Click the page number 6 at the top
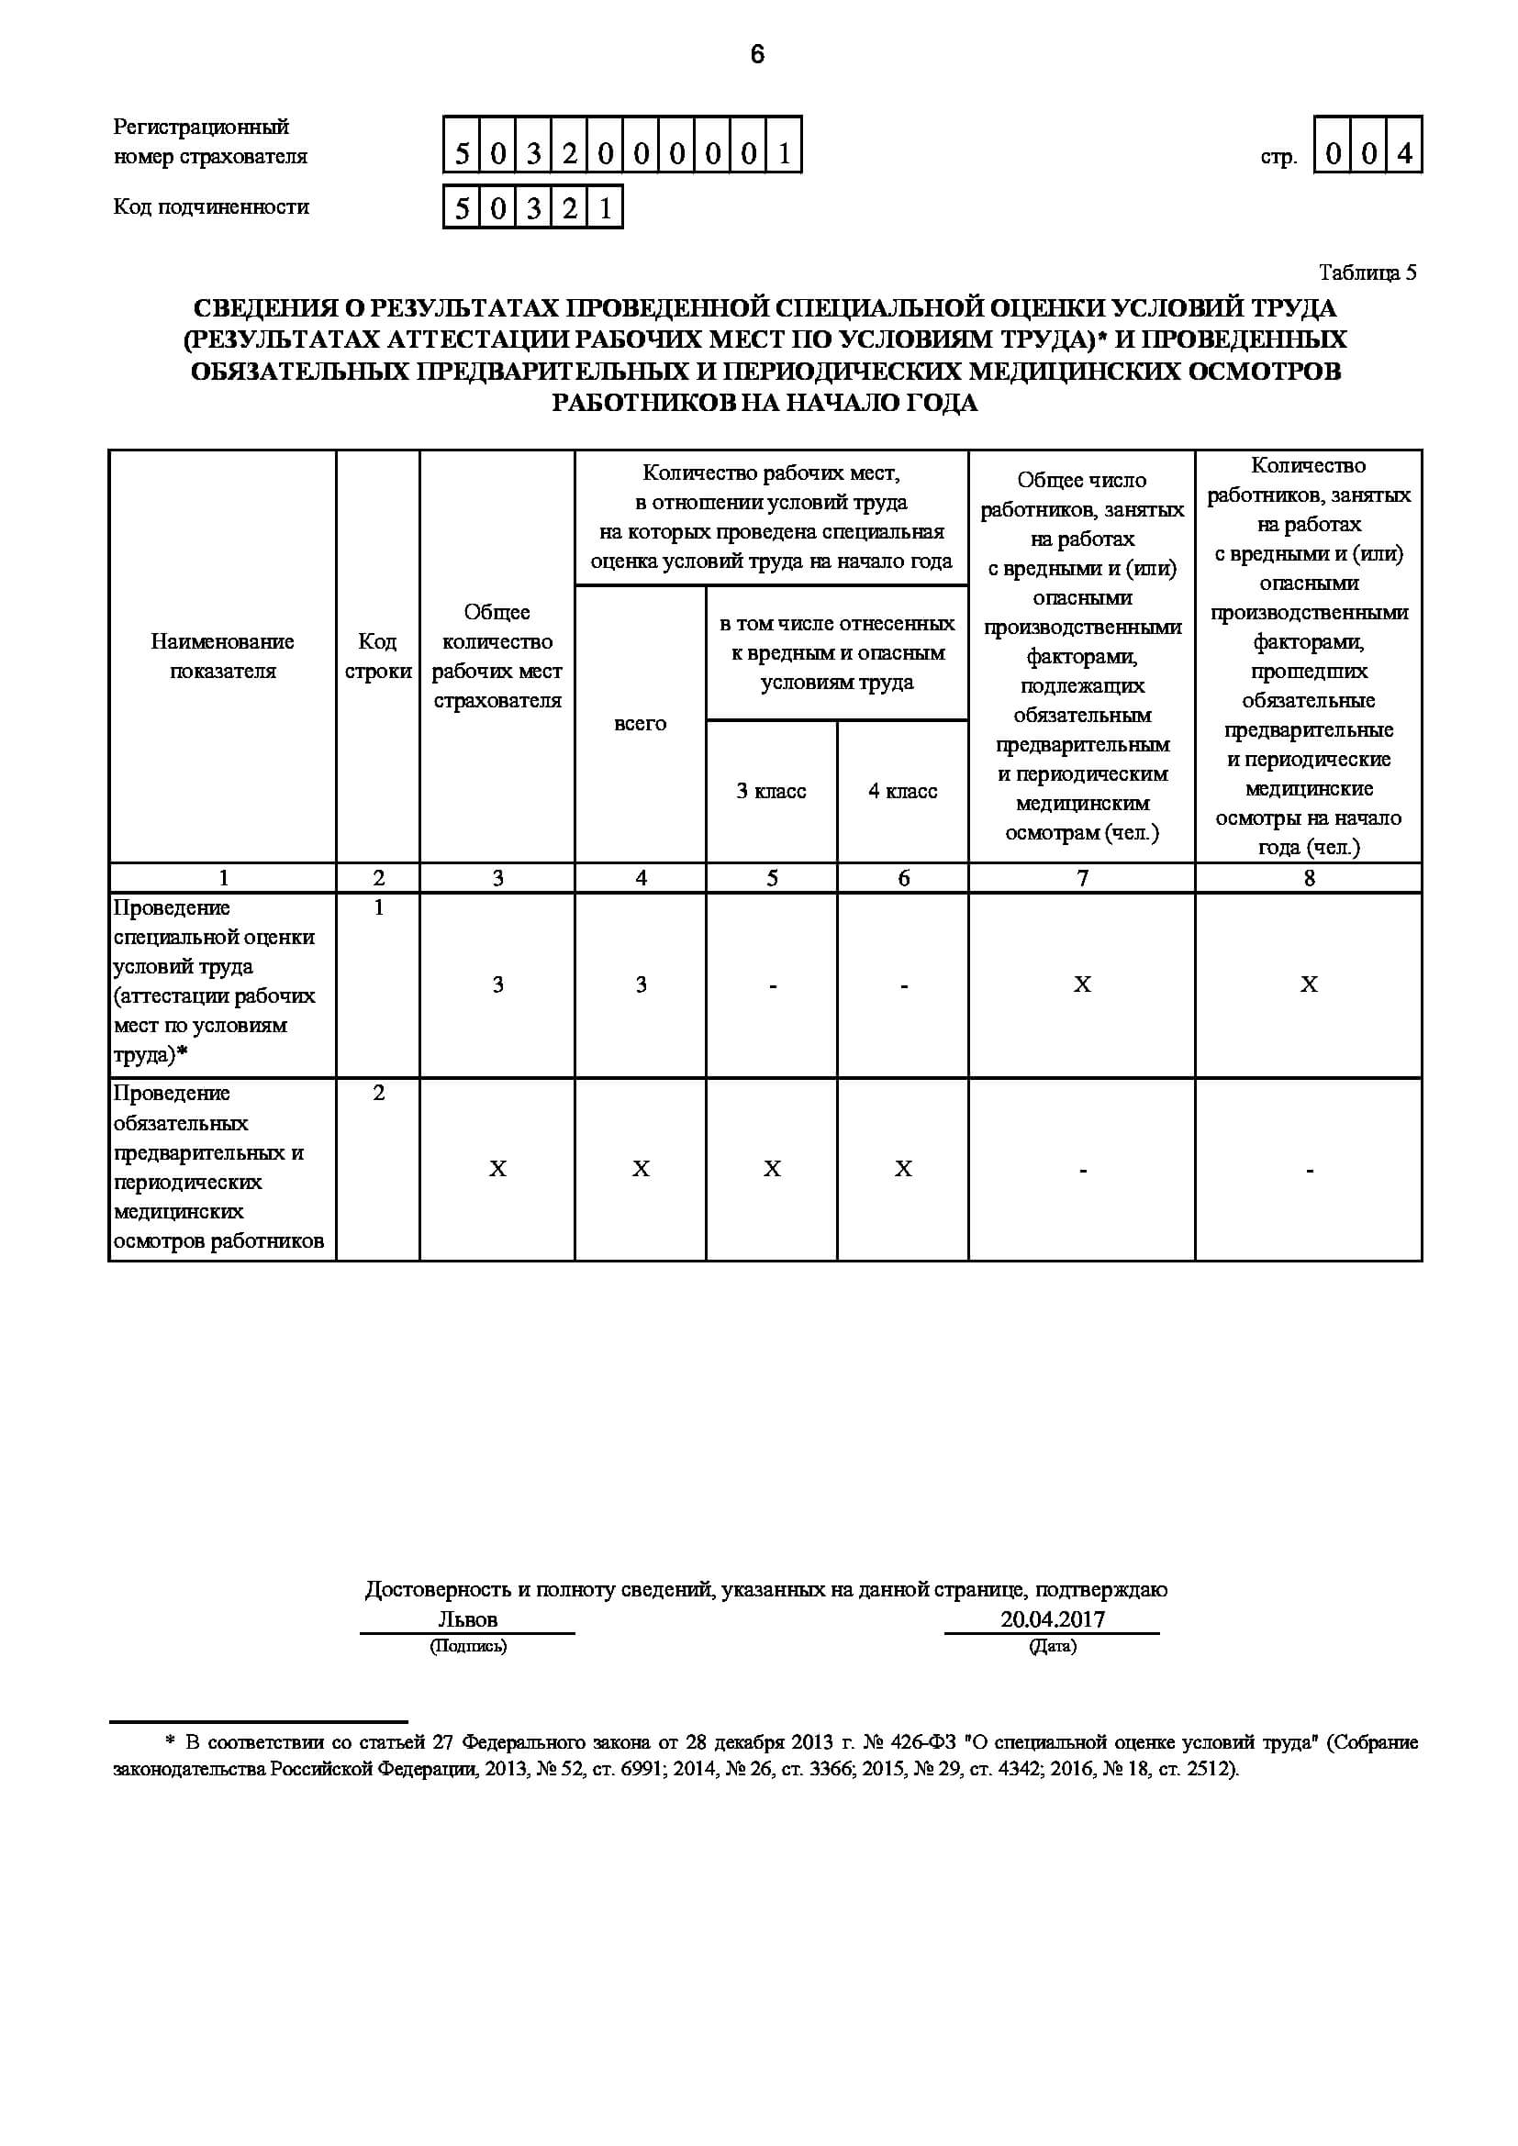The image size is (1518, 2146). (757, 55)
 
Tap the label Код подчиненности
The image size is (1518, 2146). (211, 206)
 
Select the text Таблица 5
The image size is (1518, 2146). (1367, 272)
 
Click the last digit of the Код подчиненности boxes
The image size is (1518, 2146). (605, 207)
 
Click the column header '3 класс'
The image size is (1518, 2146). (771, 791)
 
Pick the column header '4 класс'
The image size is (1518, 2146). (902, 791)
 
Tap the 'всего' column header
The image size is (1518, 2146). (641, 723)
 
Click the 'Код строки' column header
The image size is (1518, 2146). (377, 656)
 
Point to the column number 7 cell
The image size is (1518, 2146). (1081, 878)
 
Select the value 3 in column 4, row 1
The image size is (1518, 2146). (641, 984)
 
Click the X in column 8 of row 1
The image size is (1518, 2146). (1309, 984)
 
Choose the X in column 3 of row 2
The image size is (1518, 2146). (497, 1168)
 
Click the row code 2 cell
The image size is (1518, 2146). (378, 1093)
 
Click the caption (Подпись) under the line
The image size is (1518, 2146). (467, 1646)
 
